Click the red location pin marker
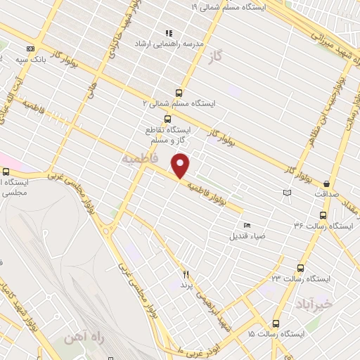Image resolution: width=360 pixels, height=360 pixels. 181,166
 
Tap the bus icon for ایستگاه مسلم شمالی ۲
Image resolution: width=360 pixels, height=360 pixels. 179,92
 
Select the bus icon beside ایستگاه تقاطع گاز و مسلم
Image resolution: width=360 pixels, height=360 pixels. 167,118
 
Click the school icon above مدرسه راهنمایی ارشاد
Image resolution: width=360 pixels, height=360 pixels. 168,32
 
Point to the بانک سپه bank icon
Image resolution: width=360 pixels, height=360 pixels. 30,49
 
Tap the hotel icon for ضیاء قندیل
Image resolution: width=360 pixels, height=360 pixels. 245,225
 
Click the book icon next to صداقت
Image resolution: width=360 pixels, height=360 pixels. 285,193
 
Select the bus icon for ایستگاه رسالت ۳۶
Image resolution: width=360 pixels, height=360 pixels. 323,215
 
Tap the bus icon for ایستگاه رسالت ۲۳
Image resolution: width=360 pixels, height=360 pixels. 301,268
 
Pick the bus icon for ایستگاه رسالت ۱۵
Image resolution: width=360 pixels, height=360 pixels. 275,323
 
